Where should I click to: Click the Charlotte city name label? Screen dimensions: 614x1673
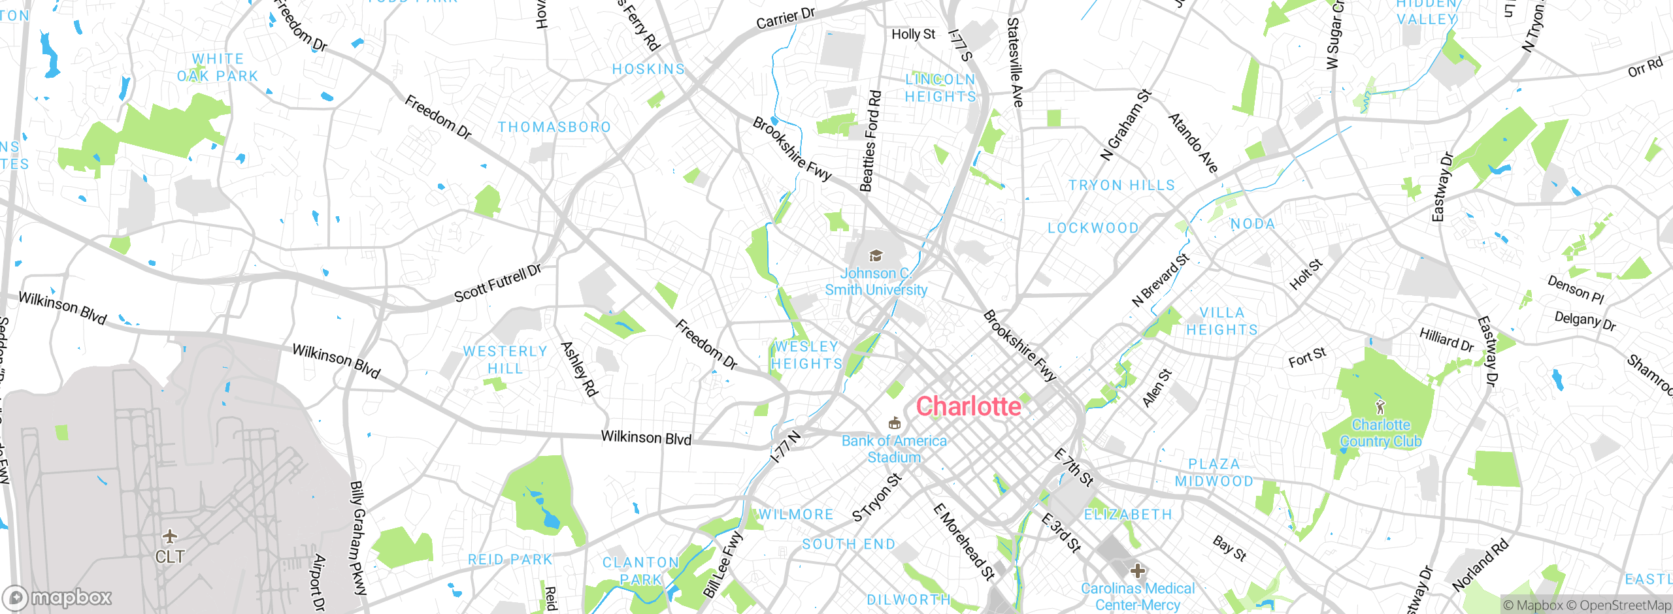(968, 406)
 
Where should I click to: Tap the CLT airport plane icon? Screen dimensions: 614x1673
(170, 537)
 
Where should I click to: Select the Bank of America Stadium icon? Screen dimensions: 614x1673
(895, 423)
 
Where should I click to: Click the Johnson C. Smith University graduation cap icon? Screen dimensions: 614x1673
(876, 255)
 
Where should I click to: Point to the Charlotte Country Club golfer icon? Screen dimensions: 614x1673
(1380, 408)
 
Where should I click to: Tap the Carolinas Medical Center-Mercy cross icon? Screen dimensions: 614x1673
(1138, 571)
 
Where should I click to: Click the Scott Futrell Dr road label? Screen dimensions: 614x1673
(498, 283)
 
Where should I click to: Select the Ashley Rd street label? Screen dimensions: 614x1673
(579, 369)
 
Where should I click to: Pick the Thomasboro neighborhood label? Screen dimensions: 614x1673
(554, 127)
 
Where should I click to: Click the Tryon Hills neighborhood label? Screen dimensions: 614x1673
(1121, 186)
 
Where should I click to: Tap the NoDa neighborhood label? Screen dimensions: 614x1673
(1253, 224)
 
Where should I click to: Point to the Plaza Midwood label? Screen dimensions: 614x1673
(1214, 472)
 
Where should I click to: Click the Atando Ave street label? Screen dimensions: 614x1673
(1193, 143)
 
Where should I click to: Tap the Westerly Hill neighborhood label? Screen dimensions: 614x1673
(505, 360)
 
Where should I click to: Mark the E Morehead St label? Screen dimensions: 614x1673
(964, 541)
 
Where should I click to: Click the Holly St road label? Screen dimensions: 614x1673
(914, 34)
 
